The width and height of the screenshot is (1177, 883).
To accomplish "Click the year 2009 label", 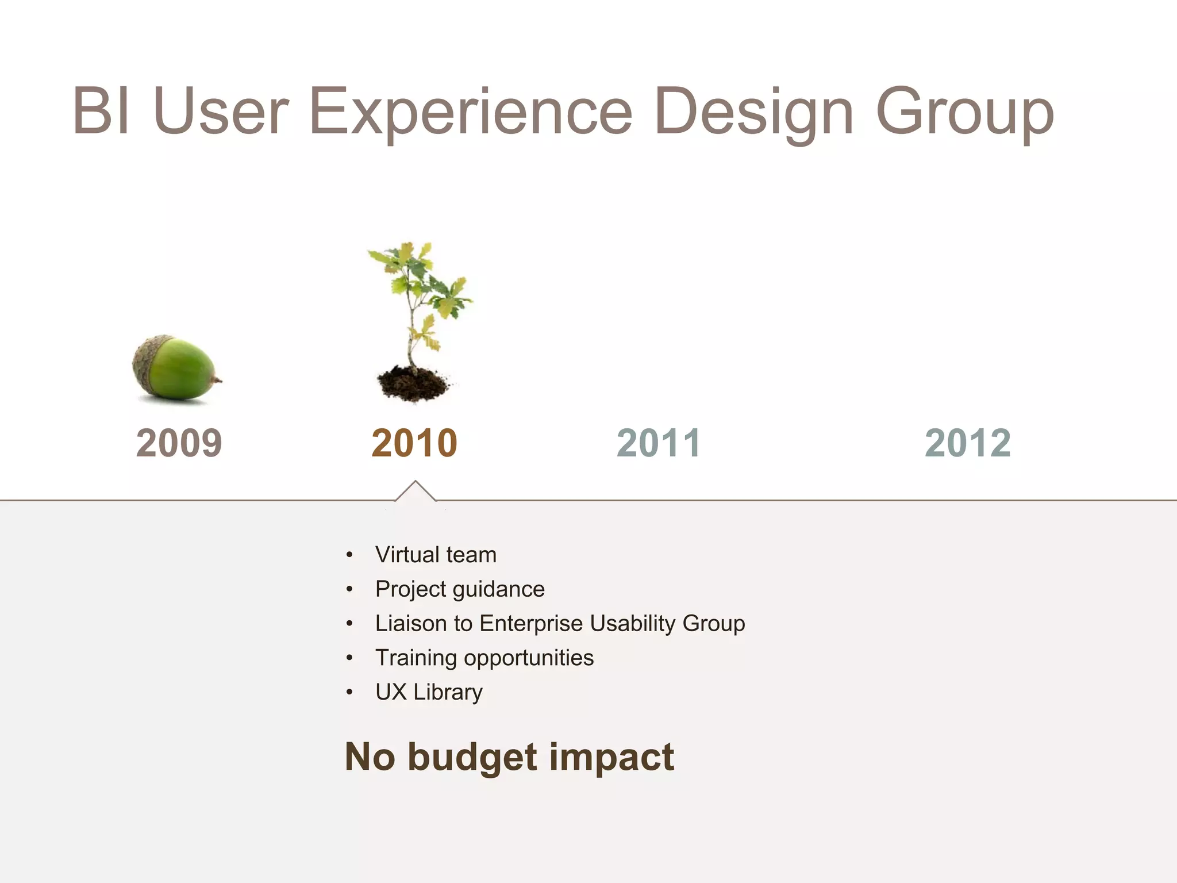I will [x=179, y=443].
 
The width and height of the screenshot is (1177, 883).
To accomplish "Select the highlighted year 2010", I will [x=414, y=443].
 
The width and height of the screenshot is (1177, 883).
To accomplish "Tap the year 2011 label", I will [x=659, y=443].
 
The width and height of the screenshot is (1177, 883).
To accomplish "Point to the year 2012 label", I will [x=968, y=443].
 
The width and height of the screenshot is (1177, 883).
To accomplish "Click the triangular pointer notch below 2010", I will [x=415, y=492].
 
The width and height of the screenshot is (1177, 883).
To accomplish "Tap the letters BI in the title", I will [x=101, y=110].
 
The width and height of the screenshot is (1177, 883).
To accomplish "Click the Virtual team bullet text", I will [x=436, y=555].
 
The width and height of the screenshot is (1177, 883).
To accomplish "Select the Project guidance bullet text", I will [x=460, y=589].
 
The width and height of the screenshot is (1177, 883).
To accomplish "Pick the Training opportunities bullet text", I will [x=484, y=658].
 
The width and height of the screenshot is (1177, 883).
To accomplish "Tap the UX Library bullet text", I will [x=429, y=692].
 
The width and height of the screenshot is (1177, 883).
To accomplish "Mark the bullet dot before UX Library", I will [x=349, y=692].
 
